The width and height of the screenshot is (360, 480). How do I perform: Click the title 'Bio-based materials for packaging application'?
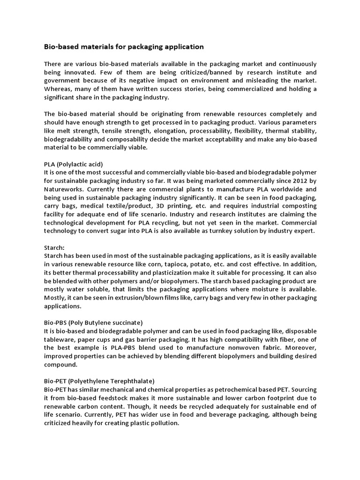124,46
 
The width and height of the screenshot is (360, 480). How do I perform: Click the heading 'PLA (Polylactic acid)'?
73,164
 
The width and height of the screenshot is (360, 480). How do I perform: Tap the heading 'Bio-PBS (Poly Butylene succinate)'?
93,322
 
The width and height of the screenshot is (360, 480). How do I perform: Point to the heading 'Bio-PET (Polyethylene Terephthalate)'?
99,381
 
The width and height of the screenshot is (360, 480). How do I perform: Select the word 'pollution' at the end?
164,423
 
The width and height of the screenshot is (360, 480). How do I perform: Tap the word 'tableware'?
59,339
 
